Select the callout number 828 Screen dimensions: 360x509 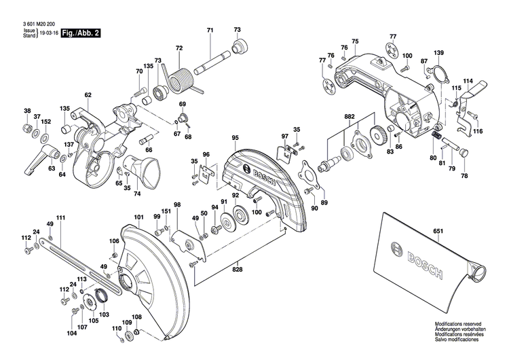[236, 270]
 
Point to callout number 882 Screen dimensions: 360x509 [349, 116]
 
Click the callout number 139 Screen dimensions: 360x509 [439, 53]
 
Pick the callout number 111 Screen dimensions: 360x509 [61, 217]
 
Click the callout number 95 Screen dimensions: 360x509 [235, 138]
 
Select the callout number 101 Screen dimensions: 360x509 [138, 217]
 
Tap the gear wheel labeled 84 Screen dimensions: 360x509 [378, 134]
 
